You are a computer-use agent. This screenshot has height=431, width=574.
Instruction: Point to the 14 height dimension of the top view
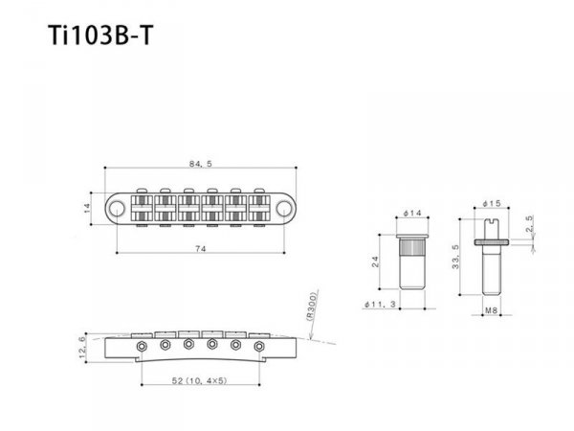85,206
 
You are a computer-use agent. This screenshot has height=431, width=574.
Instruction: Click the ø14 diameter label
413,212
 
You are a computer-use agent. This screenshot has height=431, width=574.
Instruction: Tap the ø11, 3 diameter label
382,306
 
